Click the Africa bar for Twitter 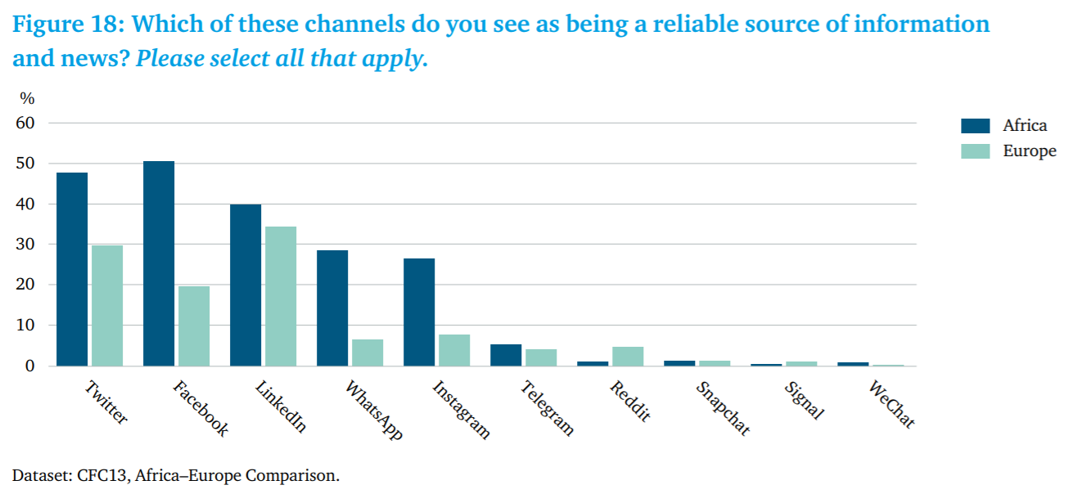click(x=72, y=269)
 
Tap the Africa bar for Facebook click(x=159, y=263)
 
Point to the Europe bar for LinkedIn click(x=281, y=296)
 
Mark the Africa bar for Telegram click(x=506, y=355)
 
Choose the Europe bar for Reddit click(x=628, y=357)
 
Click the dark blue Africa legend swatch click(x=976, y=125)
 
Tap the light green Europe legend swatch click(x=976, y=151)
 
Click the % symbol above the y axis click(x=28, y=99)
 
